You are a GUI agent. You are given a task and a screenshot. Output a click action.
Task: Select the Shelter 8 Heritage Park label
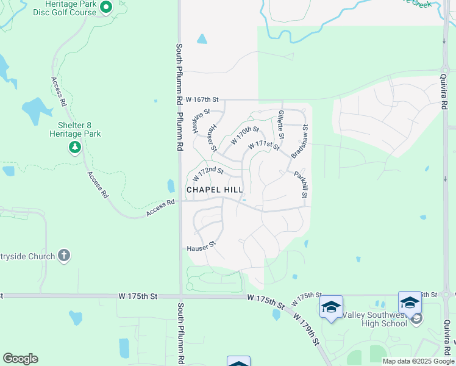click(75, 129)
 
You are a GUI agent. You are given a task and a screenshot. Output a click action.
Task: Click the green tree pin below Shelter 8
click(75, 147)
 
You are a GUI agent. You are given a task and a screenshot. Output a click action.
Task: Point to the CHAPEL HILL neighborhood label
click(215, 190)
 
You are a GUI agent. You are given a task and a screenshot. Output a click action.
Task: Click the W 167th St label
click(202, 99)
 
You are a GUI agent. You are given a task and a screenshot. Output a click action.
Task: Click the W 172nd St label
click(208, 174)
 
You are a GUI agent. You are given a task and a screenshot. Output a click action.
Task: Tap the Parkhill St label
click(300, 184)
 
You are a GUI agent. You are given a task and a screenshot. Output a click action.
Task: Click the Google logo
click(20, 359)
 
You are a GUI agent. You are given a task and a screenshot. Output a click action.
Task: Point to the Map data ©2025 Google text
click(418, 361)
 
